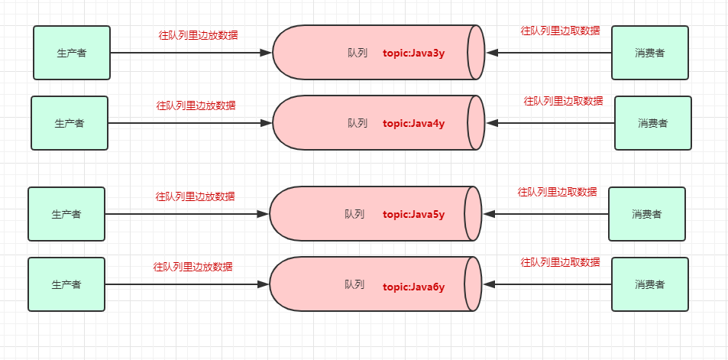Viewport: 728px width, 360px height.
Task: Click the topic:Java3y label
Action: tap(414, 53)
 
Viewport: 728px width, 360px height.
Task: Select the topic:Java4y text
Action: tap(414, 123)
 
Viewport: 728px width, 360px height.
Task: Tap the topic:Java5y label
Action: tap(413, 214)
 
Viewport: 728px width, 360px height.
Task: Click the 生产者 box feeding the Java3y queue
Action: tap(72, 53)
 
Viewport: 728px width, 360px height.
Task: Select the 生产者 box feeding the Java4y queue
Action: tap(70, 123)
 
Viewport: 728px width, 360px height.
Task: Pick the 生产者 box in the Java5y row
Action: tap(66, 214)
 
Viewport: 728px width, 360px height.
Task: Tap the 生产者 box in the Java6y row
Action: tap(66, 284)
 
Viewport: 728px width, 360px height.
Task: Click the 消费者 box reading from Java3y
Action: tap(650, 53)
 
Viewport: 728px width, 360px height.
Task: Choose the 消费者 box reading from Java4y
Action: tap(653, 123)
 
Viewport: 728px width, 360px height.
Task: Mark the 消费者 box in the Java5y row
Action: tap(647, 214)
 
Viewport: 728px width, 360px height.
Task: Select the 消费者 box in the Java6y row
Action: tap(650, 284)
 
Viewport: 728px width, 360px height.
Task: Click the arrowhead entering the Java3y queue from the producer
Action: tap(266, 53)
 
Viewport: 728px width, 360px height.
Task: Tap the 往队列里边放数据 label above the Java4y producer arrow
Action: tap(196, 105)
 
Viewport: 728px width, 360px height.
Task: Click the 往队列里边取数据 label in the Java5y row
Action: tap(558, 192)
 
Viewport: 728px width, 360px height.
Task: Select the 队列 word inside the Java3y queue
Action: tap(358, 53)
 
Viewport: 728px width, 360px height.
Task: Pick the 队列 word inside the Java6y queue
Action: tap(354, 284)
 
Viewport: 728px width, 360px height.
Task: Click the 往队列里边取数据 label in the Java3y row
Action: tap(561, 31)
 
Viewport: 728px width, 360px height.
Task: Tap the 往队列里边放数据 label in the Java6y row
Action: tap(193, 267)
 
